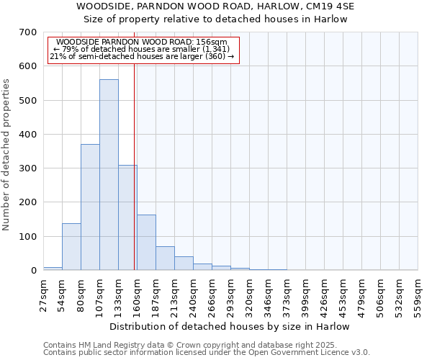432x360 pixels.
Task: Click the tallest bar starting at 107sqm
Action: coord(109,175)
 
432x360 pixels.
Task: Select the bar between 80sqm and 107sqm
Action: coord(90,207)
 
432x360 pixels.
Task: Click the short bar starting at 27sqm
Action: coord(53,269)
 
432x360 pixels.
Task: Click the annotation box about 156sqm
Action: coord(143,50)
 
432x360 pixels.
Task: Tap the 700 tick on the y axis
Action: coord(28,32)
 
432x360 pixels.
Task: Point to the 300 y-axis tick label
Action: coord(28,168)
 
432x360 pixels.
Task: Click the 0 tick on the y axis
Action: coord(33,271)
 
